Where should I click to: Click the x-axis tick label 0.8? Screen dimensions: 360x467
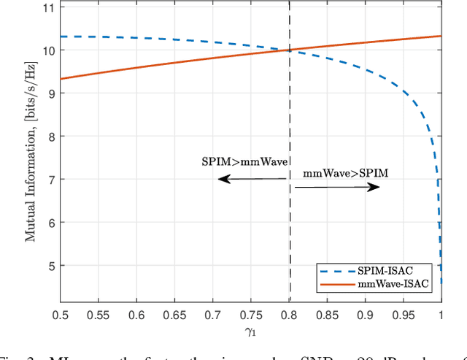(x=290, y=315)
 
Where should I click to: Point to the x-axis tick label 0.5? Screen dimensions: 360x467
(x=61, y=315)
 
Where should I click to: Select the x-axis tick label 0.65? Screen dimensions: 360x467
(x=175, y=315)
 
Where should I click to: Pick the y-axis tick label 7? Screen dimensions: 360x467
(x=49, y=180)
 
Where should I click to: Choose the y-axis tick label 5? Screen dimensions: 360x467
(x=49, y=266)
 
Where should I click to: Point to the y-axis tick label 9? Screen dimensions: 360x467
(x=49, y=93)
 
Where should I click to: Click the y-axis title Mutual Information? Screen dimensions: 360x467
(x=31, y=155)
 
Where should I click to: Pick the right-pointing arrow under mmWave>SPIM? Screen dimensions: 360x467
(x=337, y=188)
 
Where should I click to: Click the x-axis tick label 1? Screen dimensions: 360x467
(x=441, y=315)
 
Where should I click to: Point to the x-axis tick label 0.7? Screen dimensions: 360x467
(x=213, y=315)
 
